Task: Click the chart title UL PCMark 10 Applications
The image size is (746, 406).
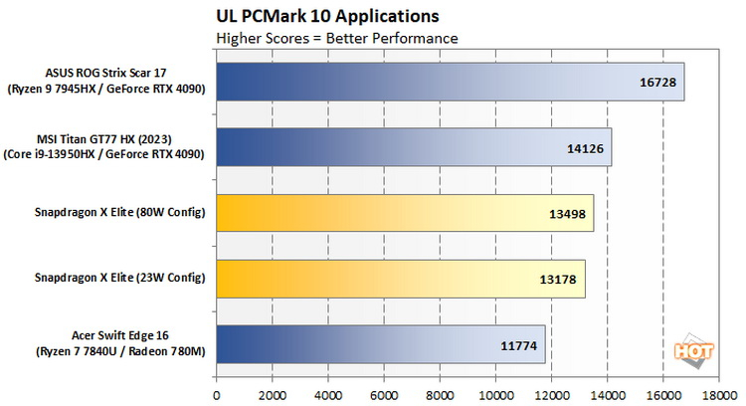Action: [327, 17]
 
